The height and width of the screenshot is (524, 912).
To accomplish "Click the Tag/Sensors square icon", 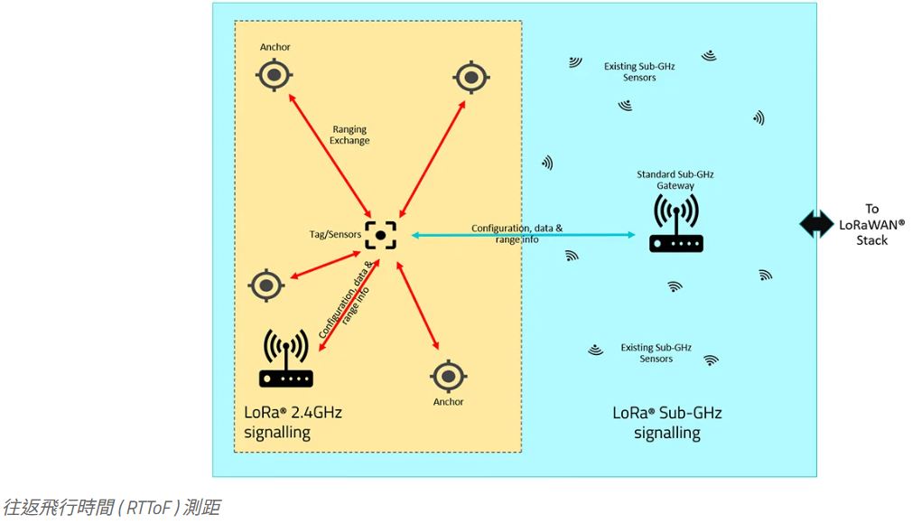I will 380,235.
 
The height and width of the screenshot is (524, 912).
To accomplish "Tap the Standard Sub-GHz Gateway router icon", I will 675,225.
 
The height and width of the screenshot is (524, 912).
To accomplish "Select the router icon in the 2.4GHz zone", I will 285,359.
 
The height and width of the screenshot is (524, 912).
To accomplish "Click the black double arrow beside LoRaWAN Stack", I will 817,223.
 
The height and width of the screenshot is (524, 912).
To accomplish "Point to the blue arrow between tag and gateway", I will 524,235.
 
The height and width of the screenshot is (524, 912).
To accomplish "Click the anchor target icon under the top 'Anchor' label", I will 275,75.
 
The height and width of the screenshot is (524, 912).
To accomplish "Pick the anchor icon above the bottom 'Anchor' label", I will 448,376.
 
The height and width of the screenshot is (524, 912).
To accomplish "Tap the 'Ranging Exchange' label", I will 349,135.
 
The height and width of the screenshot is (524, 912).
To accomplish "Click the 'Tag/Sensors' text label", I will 335,235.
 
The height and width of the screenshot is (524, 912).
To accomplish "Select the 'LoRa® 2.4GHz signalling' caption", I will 293,422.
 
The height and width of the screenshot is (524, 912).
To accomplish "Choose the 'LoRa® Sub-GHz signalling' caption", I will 667,423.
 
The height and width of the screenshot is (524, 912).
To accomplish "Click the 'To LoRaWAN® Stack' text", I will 871,224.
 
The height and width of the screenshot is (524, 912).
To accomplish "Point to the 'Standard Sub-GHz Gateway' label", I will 675,180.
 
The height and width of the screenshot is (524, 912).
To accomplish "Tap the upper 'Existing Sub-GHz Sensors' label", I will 639,72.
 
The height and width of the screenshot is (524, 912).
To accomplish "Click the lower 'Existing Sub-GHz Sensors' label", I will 656,353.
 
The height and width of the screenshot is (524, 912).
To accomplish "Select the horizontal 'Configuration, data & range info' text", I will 516,234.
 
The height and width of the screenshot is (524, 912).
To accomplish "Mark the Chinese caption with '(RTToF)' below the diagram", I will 111,507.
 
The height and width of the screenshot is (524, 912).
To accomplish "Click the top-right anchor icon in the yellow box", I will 470,78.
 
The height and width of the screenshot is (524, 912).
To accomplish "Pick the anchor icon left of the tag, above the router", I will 267,285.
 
